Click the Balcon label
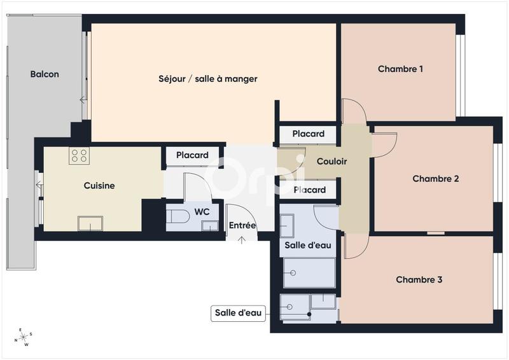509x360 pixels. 45,74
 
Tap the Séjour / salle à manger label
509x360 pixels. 207,79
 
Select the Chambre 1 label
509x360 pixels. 400,69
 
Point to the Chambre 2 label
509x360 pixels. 436,179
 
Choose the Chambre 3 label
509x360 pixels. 419,279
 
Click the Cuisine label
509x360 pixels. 99,186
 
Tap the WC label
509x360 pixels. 202,211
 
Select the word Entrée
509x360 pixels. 242,225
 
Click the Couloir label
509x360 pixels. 331,162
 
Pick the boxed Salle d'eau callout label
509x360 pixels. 239,313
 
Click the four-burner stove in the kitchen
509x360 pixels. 78,156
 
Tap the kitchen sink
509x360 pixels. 90,223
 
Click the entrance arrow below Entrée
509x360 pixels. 242,240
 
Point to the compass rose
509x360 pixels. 23,337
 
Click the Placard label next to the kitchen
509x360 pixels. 192,155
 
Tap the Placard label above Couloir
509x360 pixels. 309,134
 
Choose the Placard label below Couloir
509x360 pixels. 310,190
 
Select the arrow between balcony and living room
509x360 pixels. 83,100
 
